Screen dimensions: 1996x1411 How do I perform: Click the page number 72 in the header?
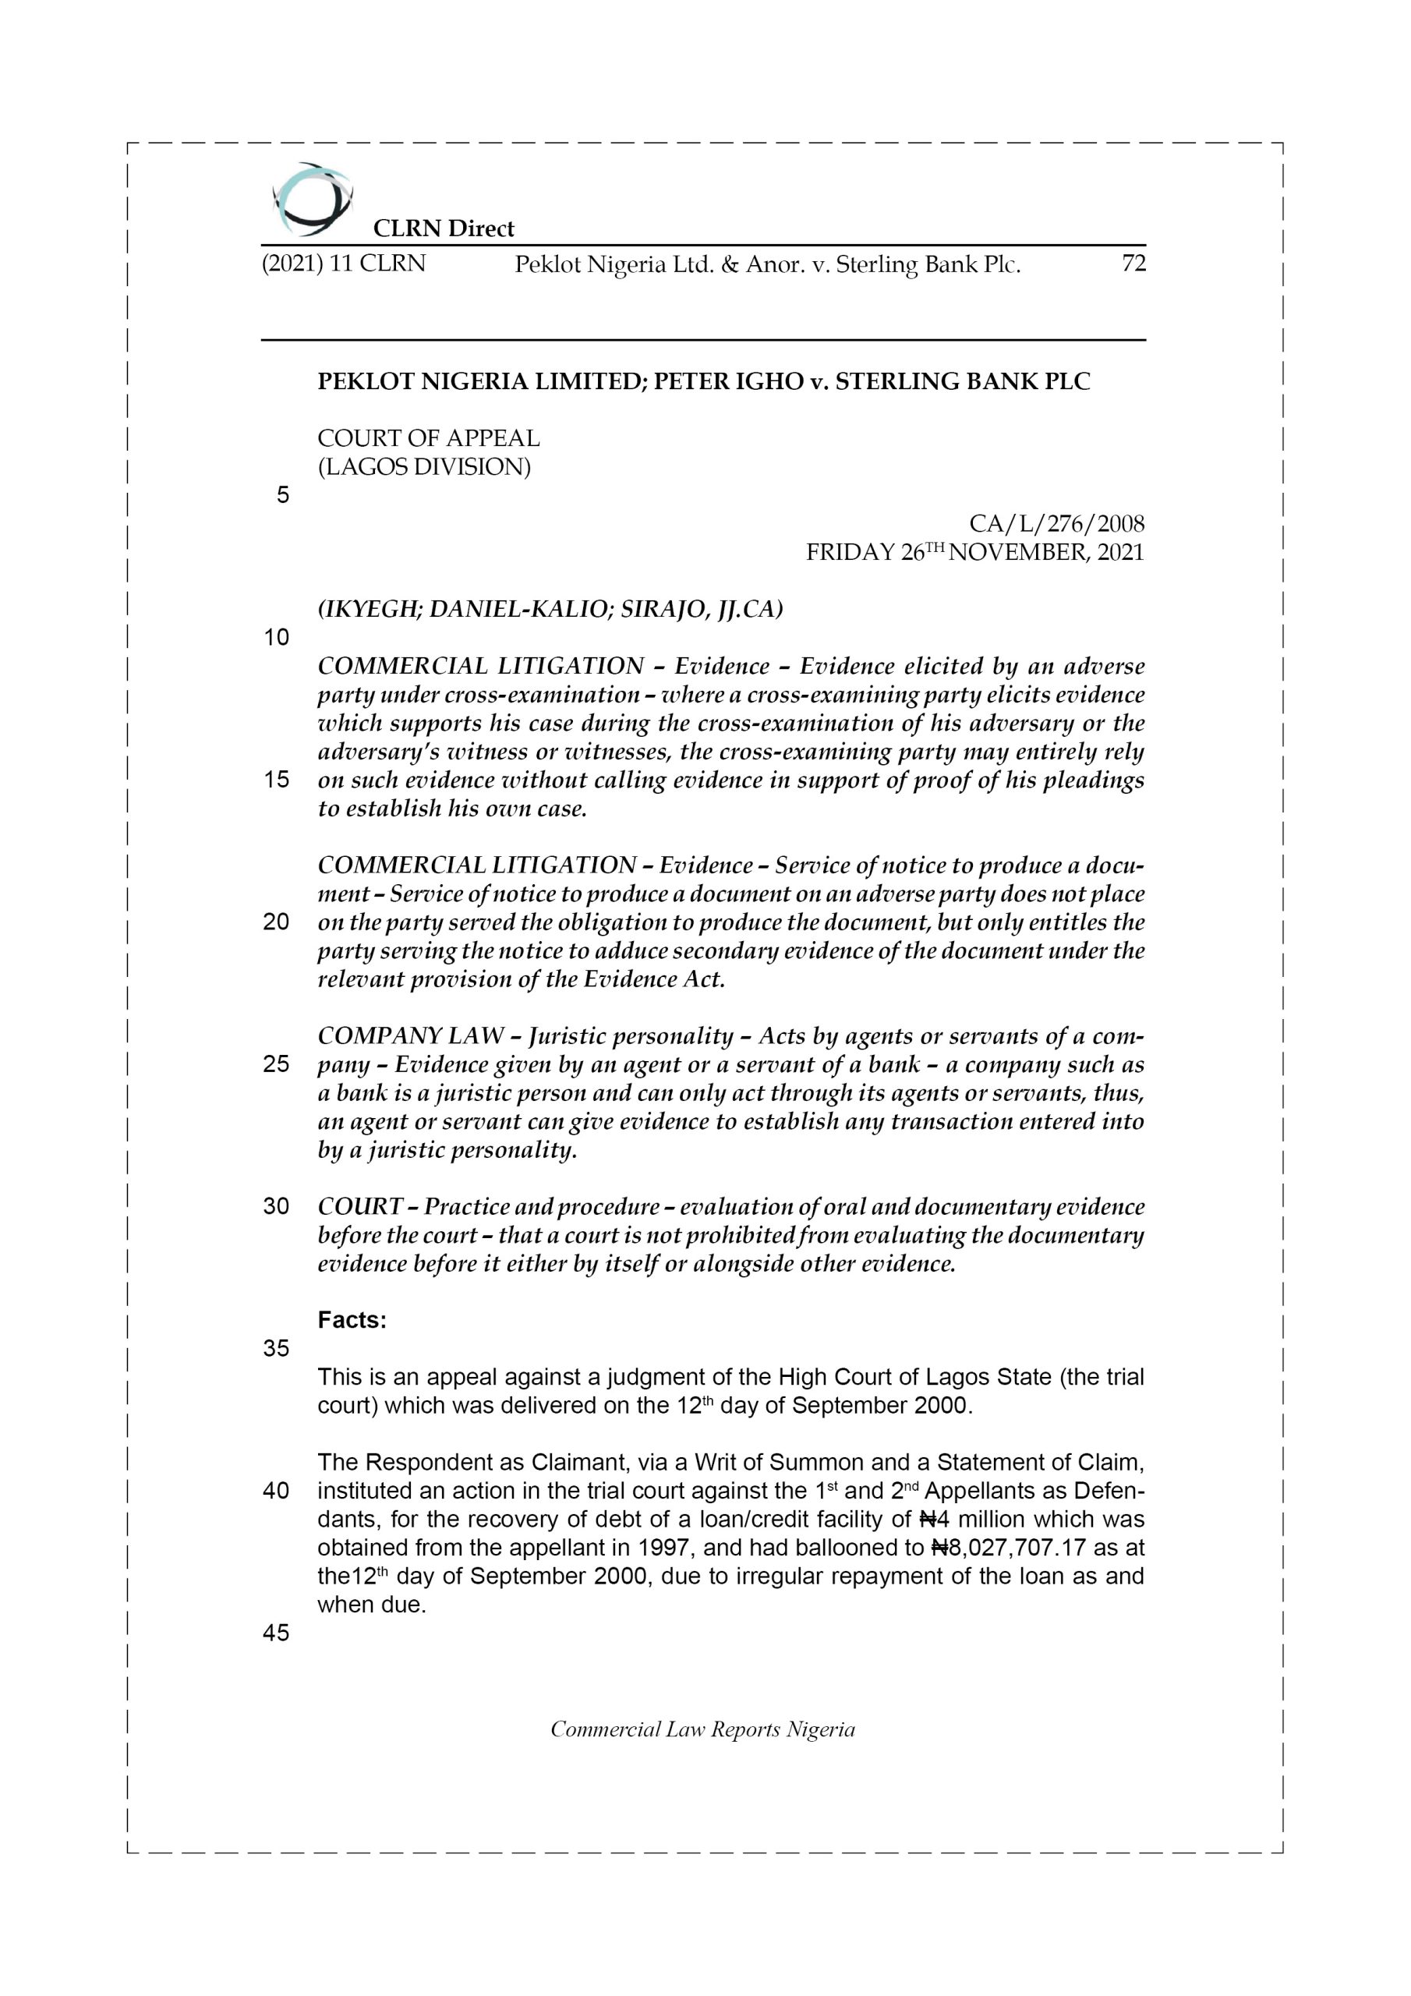1133,264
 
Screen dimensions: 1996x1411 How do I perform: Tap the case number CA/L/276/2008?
1056,523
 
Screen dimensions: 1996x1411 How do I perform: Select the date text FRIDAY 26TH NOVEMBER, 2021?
974,552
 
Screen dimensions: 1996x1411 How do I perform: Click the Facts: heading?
352,1320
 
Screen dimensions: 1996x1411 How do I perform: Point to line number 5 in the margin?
282,496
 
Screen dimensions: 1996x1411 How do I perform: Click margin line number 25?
277,1064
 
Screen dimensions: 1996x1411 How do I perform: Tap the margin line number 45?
277,1633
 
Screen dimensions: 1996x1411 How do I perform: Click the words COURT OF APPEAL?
429,438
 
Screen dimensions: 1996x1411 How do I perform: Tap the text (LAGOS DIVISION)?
424,467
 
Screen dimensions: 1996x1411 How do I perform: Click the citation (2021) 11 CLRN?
344,264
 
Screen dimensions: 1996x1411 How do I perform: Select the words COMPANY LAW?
410,1035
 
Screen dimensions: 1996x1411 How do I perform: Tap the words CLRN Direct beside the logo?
444,228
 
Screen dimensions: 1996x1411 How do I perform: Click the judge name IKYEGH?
371,610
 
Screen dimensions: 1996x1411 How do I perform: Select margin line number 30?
277,1207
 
